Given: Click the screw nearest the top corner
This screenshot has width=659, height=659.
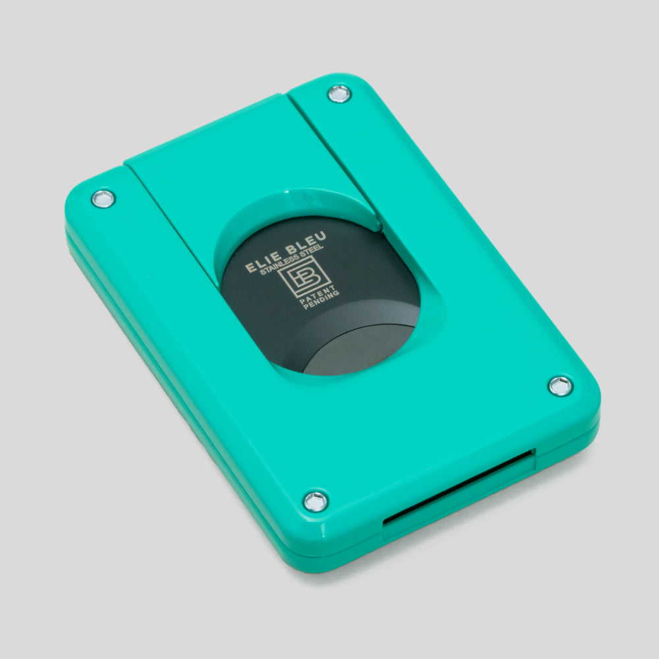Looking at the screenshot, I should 339,94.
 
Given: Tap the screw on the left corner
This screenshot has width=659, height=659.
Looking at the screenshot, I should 103,198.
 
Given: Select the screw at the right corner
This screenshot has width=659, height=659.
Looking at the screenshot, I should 560,386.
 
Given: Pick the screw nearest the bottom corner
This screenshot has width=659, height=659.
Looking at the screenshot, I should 316,500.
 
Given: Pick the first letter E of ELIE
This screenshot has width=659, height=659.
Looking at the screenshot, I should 249,269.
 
